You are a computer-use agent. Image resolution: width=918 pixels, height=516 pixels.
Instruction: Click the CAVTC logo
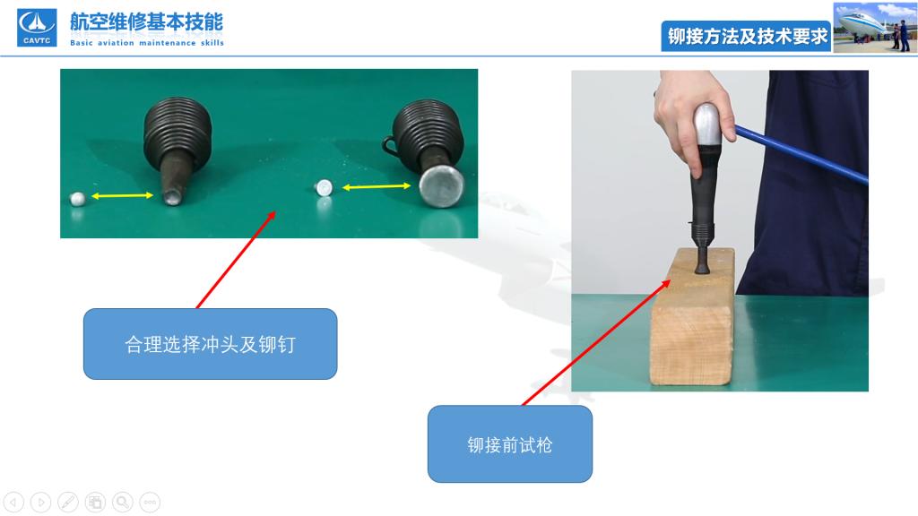pyautogui.click(x=37, y=28)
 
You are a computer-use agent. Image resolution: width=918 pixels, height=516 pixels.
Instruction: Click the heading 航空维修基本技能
pyautogui.click(x=146, y=22)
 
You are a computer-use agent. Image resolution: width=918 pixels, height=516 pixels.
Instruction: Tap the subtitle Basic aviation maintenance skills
pyautogui.click(x=147, y=43)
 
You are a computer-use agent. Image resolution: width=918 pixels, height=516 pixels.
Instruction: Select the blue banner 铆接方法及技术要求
pyautogui.click(x=747, y=36)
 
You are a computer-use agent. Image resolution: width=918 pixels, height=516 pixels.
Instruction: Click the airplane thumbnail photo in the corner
pyautogui.click(x=875, y=28)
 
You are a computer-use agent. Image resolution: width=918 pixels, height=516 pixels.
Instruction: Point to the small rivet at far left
pyautogui.click(x=77, y=199)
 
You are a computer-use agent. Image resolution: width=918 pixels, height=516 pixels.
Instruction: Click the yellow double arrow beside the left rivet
pyautogui.click(x=122, y=195)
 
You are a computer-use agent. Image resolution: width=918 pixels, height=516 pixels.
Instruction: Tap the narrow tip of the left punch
pyautogui.click(x=172, y=196)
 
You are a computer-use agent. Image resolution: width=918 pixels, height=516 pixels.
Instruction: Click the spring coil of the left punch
pyautogui.click(x=178, y=133)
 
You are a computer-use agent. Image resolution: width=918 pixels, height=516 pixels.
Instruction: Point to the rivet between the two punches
pyautogui.click(x=323, y=188)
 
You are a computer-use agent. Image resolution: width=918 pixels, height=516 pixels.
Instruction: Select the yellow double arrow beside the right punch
pyautogui.click(x=377, y=186)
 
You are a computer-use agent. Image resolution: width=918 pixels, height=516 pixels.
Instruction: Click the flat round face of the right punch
pyautogui.click(x=441, y=185)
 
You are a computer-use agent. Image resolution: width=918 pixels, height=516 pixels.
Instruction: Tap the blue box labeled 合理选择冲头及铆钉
pyautogui.click(x=210, y=344)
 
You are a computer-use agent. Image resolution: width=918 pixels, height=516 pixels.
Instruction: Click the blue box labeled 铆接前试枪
pyautogui.click(x=510, y=444)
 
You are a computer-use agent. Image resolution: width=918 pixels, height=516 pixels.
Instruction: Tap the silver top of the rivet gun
pyautogui.click(x=707, y=124)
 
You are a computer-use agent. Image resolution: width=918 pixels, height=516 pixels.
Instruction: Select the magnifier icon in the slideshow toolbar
pyautogui.click(x=122, y=502)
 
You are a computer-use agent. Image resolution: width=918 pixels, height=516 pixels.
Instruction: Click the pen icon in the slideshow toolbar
pyautogui.click(x=68, y=502)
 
